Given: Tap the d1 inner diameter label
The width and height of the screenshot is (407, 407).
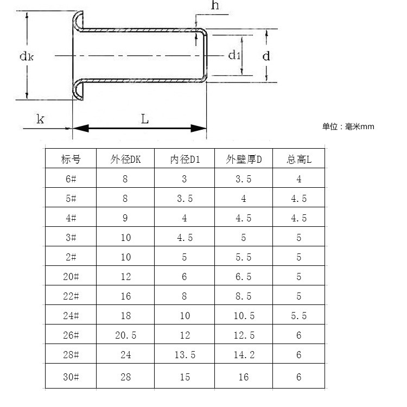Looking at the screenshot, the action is tap(234, 55).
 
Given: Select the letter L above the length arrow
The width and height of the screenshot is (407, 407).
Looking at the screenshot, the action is tap(145, 119).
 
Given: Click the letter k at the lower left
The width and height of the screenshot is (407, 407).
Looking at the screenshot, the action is tap(40, 119).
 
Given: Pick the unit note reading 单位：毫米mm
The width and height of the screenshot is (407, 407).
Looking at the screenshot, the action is tap(348, 127).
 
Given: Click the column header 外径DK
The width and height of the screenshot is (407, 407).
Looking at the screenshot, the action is tap(125, 160).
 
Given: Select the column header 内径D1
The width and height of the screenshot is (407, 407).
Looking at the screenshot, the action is tap(185, 160).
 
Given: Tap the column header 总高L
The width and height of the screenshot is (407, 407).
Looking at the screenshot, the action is tap(298, 160).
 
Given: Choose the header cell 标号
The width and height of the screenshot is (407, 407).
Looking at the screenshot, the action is tap(71, 160).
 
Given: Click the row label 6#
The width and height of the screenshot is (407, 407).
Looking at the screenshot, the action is tap(71, 179).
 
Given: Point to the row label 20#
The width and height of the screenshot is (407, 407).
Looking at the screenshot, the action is tap(71, 277).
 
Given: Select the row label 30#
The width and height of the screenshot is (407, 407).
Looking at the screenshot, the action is tap(71, 377).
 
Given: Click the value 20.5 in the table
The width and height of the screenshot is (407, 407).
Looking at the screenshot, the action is tap(125, 335).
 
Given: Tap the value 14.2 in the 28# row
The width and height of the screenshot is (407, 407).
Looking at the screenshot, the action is tap(243, 355).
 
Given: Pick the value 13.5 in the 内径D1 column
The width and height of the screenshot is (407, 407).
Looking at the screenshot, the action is tap(185, 355).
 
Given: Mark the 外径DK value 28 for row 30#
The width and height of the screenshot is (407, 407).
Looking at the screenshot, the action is tap(125, 377).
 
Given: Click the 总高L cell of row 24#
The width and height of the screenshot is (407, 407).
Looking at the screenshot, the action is tap(298, 316).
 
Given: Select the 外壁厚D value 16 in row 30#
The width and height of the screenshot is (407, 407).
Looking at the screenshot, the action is tap(243, 377).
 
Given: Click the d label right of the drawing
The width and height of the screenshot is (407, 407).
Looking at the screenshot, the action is tap(266, 55).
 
